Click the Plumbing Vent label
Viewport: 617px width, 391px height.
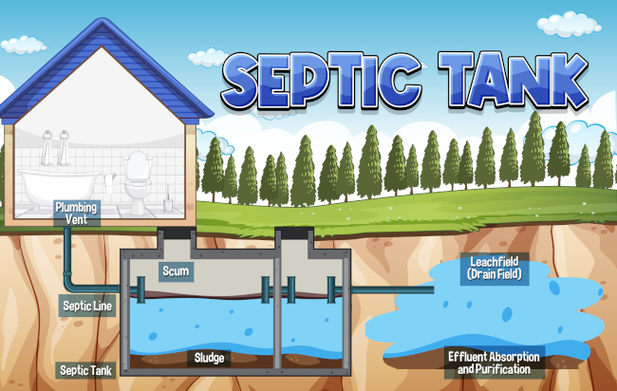click(76, 212)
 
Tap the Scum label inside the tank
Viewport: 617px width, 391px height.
click(176, 271)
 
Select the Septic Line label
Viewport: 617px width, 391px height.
click(87, 306)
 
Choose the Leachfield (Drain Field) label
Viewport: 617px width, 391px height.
click(495, 268)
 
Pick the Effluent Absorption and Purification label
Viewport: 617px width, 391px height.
click(495, 362)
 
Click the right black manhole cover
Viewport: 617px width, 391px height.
click(295, 231)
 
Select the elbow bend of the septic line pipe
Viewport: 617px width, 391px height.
click(68, 284)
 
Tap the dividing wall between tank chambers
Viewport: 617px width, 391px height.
click(275, 313)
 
